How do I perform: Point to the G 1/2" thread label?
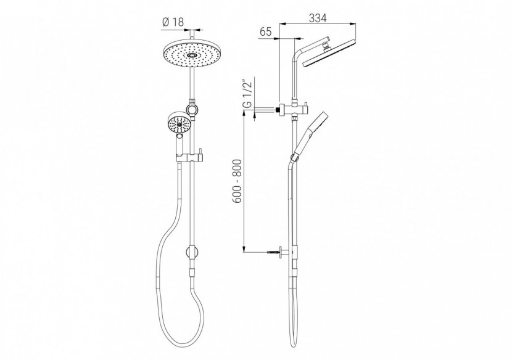coord(246,94)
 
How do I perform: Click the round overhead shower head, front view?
coord(192,55)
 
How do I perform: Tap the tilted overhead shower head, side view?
coord(330,55)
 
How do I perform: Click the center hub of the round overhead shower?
coord(192,55)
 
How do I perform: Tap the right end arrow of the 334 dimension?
coord(356,25)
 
